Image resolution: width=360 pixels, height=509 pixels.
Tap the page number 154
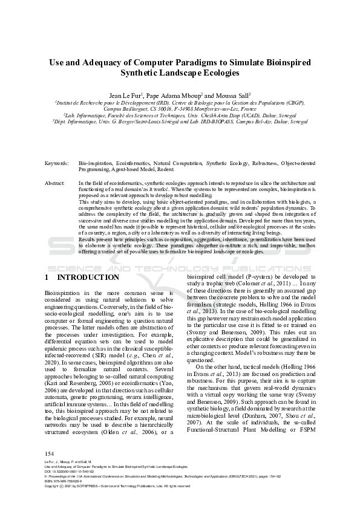tap(50, 453)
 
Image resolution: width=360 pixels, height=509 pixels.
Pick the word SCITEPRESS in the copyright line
tap(82, 485)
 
